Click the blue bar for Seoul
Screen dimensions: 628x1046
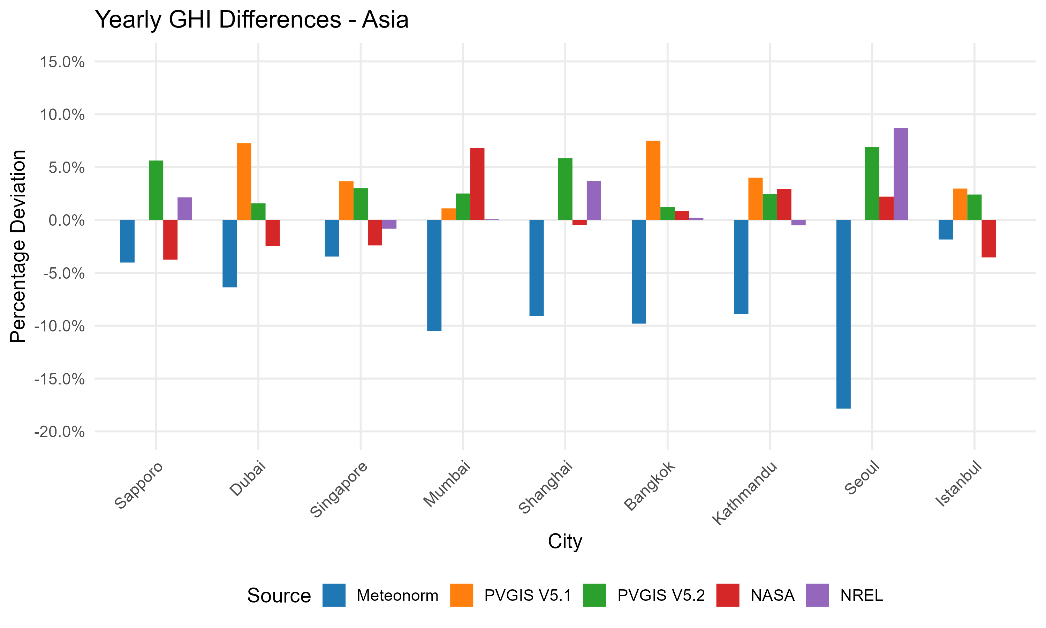pos(843,314)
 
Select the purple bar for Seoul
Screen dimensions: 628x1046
pos(901,174)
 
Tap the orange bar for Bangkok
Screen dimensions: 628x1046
pos(653,180)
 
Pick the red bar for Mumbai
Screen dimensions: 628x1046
pos(477,184)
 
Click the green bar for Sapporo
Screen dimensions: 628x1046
pos(156,190)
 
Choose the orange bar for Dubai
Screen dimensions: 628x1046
pos(244,181)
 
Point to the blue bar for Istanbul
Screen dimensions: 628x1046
pos(946,230)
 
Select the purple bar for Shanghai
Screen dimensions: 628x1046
pos(594,201)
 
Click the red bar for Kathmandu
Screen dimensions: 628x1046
pos(784,204)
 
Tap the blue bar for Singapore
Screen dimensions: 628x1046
pos(332,238)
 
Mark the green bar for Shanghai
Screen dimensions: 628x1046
pos(565,189)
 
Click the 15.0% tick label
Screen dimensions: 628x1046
pos(62,62)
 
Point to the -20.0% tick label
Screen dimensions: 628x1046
pos(60,432)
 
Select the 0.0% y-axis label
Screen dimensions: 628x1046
pos(66,220)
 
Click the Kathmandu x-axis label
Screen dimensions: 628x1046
pos(745,493)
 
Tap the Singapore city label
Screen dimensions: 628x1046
pos(339,489)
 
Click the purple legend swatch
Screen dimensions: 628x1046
pos(817,595)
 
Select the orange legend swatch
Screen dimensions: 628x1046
pos(462,595)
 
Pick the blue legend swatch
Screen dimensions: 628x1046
pos(334,595)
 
